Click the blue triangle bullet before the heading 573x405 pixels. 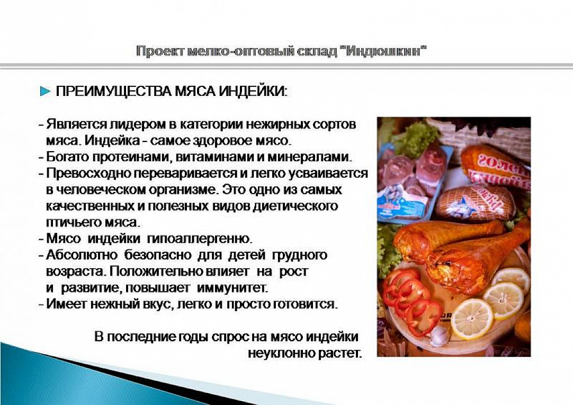(x=46, y=91)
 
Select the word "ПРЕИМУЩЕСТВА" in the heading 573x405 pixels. (x=114, y=91)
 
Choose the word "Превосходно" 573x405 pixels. (x=88, y=173)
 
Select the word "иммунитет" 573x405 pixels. (x=232, y=288)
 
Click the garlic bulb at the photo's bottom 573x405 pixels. (x=439, y=336)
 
